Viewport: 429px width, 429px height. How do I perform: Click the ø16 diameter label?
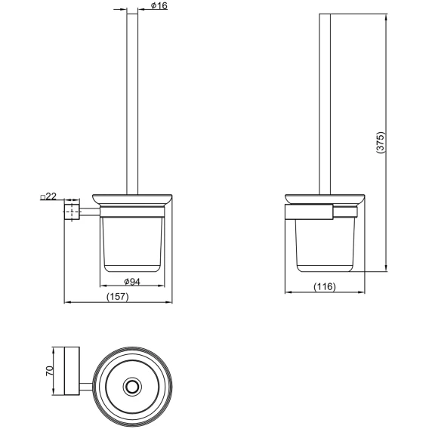pos(159,6)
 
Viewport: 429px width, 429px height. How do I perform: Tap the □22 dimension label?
pos(48,196)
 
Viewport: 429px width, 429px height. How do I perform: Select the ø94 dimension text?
pos(132,281)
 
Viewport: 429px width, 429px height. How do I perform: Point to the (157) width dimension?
pos(118,297)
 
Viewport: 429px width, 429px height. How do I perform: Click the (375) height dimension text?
pos(381,143)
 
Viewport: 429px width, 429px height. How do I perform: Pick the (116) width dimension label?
pos(325,286)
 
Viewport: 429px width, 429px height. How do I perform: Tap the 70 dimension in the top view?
pos(50,371)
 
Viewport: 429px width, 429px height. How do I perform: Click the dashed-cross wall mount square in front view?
pos(72,212)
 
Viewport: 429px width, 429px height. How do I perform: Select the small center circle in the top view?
pos(133,387)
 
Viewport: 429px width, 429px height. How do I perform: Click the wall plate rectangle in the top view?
pos(72,371)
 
